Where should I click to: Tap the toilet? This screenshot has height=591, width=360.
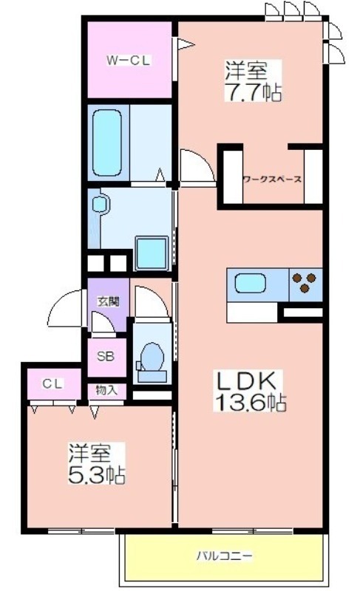[151, 359]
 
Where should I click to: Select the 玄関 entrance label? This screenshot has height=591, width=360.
[108, 301]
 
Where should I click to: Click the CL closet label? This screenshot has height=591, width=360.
[51, 383]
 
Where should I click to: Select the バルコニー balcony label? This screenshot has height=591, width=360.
[224, 554]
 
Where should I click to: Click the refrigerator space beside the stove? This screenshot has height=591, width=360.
[302, 314]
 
